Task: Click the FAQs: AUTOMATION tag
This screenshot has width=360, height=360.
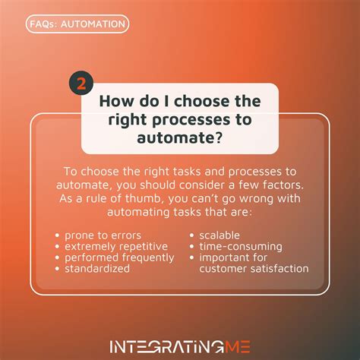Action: coord(77,24)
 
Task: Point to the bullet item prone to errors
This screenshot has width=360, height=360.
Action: coord(103,235)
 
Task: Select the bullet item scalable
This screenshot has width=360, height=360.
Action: coord(219,235)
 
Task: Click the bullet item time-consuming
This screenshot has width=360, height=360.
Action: coord(241,246)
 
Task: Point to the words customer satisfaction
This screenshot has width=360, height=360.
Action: coord(254,269)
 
